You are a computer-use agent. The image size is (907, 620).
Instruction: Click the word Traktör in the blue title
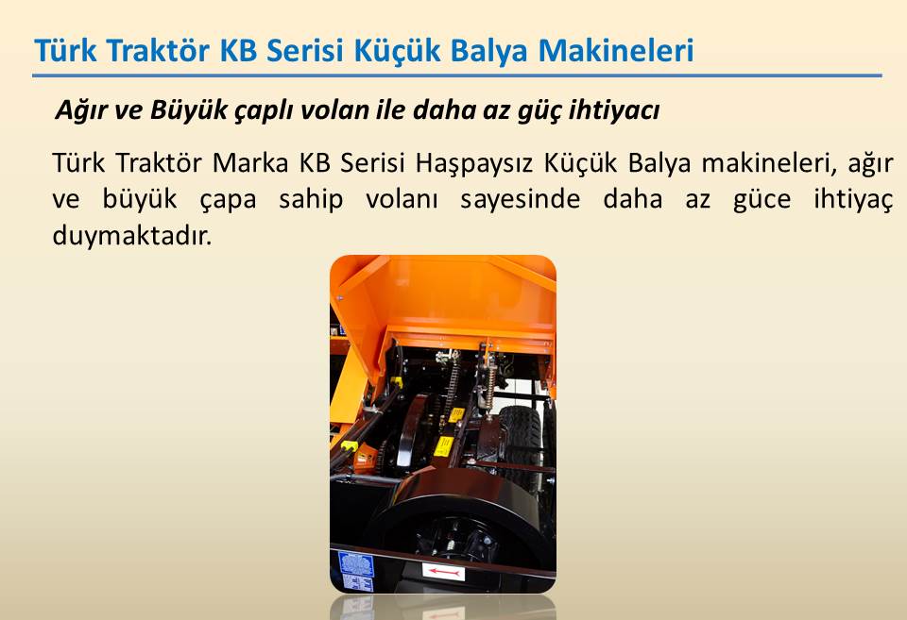click(x=158, y=50)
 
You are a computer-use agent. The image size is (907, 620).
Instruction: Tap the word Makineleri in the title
click(x=615, y=50)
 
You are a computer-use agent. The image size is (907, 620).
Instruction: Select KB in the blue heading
click(x=238, y=50)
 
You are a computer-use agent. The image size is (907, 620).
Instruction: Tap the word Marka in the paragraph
click(x=249, y=163)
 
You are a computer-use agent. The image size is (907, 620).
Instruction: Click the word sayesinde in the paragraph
click(x=520, y=200)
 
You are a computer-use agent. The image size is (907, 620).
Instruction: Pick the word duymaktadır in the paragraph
click(x=132, y=236)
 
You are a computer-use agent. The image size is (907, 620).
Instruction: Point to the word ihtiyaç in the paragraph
click(x=853, y=200)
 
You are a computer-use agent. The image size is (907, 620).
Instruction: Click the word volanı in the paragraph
click(x=402, y=199)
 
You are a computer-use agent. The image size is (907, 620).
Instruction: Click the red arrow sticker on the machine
click(x=443, y=572)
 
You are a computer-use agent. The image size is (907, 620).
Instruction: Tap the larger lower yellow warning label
click(x=444, y=446)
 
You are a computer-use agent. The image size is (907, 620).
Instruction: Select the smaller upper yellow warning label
click(x=456, y=414)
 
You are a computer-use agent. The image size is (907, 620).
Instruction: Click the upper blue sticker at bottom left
click(x=356, y=563)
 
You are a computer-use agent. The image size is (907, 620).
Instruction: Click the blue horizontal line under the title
click(x=457, y=75)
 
